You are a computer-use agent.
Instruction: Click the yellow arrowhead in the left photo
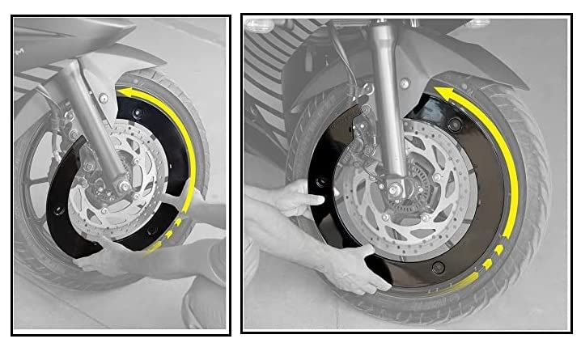tap(125, 94)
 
